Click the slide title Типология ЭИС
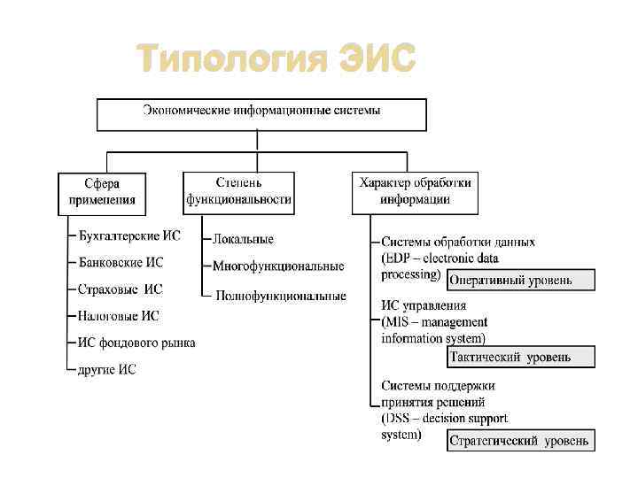[276, 61]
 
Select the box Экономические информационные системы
[261, 113]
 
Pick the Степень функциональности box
[238, 192]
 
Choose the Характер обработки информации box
[415, 192]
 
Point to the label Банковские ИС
[121, 263]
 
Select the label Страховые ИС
[121, 289]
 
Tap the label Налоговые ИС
[120, 315]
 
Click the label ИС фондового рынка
[137, 343]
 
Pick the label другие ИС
[107, 369]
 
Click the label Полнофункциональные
[281, 296]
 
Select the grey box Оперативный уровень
[521, 281]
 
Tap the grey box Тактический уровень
[521, 358]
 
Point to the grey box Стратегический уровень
[521, 440]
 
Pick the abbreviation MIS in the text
[399, 322]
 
